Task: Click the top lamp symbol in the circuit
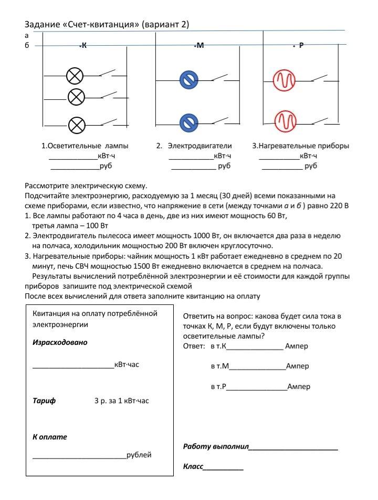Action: coord(75,77)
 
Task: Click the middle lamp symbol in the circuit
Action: coord(77,96)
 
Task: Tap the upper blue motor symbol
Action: coord(188,80)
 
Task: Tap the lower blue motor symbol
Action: coord(188,123)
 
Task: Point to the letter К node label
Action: coord(83,46)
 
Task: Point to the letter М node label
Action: coord(199,46)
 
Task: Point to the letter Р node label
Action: coord(301,46)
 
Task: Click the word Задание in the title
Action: coord(43,25)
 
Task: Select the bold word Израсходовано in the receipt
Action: coord(60,342)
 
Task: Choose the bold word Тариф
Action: coord(44,401)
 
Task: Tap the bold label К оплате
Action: coord(50,436)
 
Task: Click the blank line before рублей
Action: coord(79,456)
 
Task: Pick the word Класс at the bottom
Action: coord(193,466)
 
